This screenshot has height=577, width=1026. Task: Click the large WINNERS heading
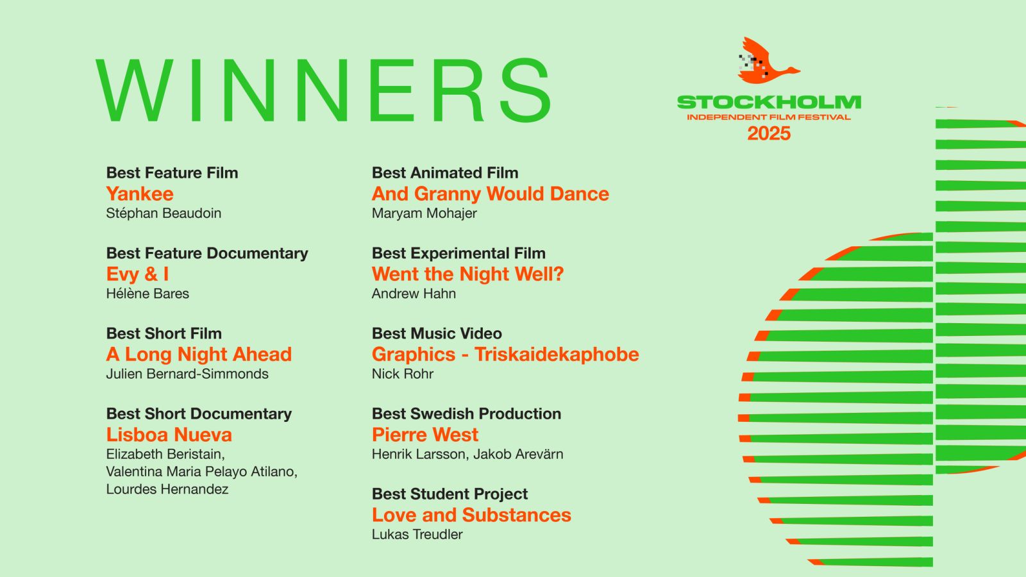click(323, 90)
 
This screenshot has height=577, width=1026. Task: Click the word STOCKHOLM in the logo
click(769, 102)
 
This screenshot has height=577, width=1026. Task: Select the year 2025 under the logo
click(769, 133)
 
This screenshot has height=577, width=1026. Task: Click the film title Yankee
click(140, 194)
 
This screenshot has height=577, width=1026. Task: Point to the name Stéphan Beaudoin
click(164, 213)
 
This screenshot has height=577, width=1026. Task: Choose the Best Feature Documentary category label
click(207, 253)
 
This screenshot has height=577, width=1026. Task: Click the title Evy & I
click(137, 274)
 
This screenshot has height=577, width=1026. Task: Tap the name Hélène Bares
click(147, 294)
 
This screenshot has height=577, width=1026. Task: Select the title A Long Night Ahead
click(199, 355)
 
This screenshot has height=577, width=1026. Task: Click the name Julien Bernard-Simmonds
click(187, 374)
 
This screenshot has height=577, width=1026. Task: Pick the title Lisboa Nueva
click(169, 435)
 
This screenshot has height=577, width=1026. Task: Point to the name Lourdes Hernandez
click(167, 489)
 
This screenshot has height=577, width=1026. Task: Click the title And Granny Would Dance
click(491, 194)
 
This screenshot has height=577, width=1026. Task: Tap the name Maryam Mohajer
click(424, 213)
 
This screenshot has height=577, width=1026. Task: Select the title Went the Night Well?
click(467, 274)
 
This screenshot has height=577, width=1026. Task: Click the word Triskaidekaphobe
click(557, 355)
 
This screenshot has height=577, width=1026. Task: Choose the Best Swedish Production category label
click(466, 414)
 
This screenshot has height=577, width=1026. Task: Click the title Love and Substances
click(471, 515)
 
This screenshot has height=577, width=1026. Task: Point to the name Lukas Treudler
click(417, 535)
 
